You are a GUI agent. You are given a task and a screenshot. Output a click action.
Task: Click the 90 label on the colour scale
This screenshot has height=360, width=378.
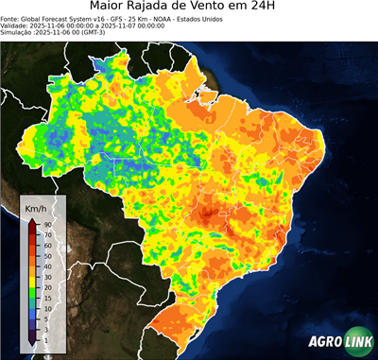pos(47,223)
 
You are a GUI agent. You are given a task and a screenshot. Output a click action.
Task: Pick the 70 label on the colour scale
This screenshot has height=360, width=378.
pos(47,233)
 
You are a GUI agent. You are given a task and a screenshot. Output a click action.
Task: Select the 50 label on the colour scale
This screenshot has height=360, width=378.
pos(47,254)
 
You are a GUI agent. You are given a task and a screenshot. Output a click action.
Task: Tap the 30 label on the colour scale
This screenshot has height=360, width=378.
pos(47,275)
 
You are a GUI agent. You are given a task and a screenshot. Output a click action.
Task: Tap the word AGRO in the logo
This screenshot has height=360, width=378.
pos(324,343)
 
